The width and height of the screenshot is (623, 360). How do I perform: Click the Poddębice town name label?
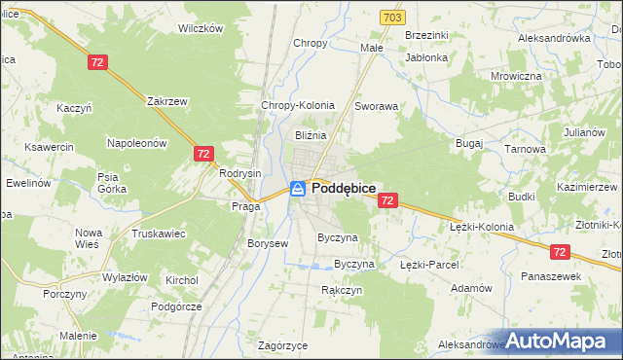pos(345,188)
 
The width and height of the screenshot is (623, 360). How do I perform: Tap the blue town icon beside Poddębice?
pos(298,188)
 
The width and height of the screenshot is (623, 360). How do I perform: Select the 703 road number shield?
pos(391,18)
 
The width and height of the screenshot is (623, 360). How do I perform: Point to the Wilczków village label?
pos(201,28)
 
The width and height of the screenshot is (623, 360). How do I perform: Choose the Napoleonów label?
pos(137,142)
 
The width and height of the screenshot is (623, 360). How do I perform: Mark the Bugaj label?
pos(469,142)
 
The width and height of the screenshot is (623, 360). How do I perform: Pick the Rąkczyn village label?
pos(342,290)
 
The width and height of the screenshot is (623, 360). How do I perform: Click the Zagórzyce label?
pos(283,345)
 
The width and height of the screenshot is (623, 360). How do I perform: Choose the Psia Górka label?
pos(107,183)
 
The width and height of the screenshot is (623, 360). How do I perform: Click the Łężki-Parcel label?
pos(428,264)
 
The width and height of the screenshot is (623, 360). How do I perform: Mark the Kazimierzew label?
pos(587,186)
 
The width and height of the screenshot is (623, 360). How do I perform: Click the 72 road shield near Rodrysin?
pos(203,154)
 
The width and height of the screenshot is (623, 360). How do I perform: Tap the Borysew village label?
pos(268,243)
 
